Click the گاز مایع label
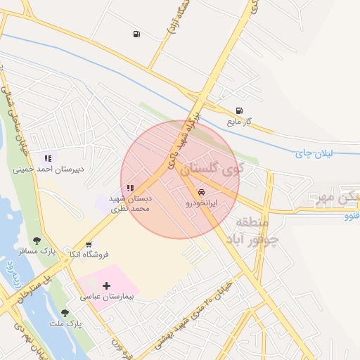coord(239,122)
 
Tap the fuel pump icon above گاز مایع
coord(240,110)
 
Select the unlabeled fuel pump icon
coord(136,34)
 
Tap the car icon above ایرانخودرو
coord(202,192)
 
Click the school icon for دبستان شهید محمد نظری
coord(130,188)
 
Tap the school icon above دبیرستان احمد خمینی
coord(48,158)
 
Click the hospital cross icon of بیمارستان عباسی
coord(106,285)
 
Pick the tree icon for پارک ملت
coord(65,312)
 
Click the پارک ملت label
coord(66,323)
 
